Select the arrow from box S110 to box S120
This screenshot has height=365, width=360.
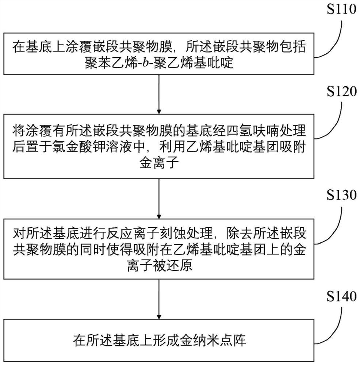[158, 93]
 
